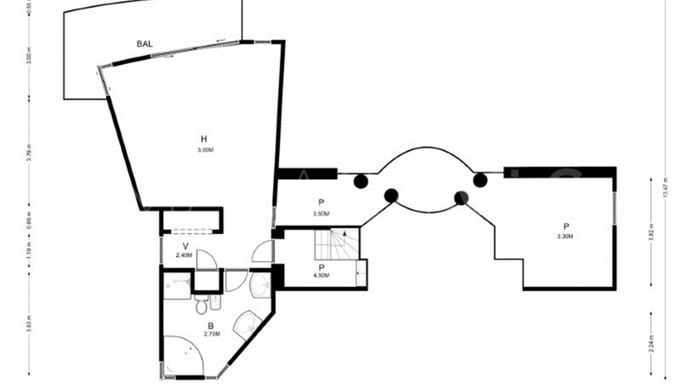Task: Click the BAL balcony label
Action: point(144,44)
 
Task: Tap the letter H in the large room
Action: point(204,139)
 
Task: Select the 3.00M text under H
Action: point(205,150)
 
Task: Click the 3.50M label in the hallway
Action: point(321,214)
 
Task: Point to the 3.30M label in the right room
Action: point(565,236)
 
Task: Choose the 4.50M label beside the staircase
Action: point(321,276)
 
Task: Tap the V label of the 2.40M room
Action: point(185,247)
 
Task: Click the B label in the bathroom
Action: point(211,326)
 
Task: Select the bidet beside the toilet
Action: point(215,302)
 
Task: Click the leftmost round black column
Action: point(361,181)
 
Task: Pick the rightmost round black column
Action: point(480,180)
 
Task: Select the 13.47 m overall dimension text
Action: point(665,188)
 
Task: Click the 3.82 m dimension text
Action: point(651,232)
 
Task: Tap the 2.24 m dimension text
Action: point(651,344)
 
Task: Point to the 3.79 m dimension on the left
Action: point(29,153)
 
